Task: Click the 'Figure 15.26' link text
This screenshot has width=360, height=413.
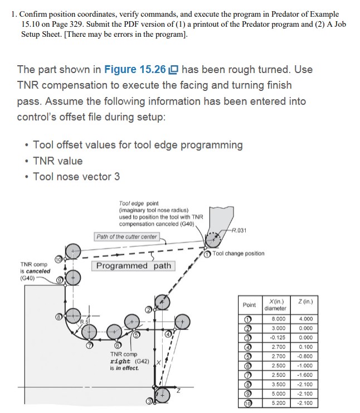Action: (135, 70)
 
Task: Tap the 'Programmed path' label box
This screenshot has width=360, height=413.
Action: (133, 266)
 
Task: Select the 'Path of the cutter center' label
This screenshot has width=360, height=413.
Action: (127, 236)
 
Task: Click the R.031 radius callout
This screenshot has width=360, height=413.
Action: (239, 231)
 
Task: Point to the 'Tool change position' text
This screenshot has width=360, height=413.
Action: (239, 254)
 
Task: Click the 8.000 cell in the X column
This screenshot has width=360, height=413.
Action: (279, 319)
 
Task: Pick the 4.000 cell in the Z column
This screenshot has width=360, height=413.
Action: (306, 319)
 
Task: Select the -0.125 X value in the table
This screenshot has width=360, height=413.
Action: (278, 337)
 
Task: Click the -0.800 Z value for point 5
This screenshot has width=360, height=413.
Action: (305, 356)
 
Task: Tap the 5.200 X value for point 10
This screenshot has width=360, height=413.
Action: (279, 403)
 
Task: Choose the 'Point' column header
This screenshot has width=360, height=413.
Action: (249, 305)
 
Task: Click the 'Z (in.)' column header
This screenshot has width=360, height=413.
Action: (305, 302)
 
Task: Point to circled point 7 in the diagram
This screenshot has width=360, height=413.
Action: (90, 346)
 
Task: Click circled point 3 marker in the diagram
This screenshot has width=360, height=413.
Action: (149, 401)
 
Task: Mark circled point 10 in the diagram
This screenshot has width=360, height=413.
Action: (58, 259)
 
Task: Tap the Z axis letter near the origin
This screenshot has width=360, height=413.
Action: (178, 391)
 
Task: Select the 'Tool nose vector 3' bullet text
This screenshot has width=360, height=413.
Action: (76, 177)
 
